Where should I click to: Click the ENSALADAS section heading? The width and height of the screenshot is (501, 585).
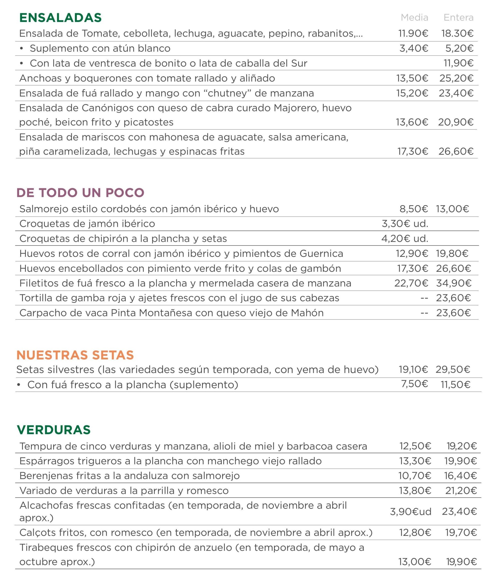coord(60,18)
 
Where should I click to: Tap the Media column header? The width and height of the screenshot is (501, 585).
coord(414,18)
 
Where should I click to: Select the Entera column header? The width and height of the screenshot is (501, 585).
coord(458,18)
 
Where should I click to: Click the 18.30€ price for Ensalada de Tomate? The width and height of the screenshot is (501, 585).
coord(457,34)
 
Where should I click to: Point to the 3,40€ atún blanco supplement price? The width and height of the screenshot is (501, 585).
coord(413,48)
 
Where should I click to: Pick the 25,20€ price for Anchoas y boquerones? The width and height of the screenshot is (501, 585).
coord(456,78)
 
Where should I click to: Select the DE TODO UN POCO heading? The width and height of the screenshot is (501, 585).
coord(80,193)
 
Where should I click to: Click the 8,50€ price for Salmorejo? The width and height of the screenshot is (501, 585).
coord(413,209)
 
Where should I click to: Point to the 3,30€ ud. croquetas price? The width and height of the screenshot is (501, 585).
coord(405,224)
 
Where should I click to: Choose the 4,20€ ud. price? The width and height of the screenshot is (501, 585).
coord(405,239)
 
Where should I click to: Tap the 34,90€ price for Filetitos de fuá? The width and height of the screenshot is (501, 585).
coord(453,283)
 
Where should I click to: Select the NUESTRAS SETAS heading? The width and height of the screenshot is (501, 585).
coord(75,355)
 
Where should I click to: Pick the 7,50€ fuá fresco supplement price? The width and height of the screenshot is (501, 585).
coord(414,384)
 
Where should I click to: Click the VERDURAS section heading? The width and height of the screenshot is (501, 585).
coord(54,430)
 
